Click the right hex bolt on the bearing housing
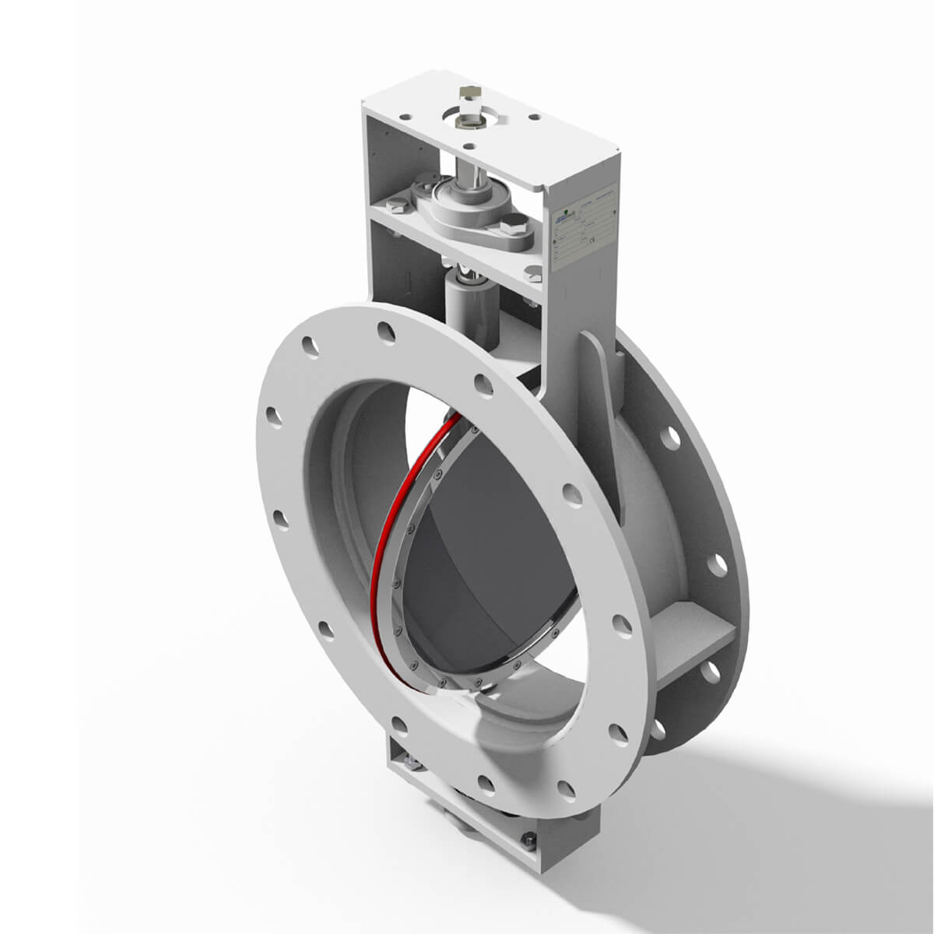tap(516, 228)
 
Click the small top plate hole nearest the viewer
tap(469, 145)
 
